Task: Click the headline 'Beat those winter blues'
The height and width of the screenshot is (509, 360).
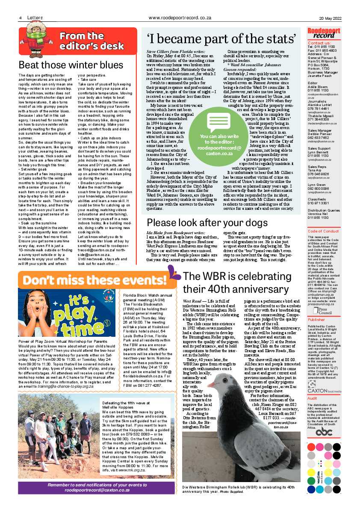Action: click(x=71, y=65)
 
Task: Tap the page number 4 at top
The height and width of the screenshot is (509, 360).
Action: click(x=20, y=18)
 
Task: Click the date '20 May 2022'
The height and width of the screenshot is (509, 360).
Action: click(x=330, y=18)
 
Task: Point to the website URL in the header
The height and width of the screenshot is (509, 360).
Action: click(x=180, y=18)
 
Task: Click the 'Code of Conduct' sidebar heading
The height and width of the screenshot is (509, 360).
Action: click(x=324, y=231)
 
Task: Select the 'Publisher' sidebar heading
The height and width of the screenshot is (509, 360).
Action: click(x=317, y=307)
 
